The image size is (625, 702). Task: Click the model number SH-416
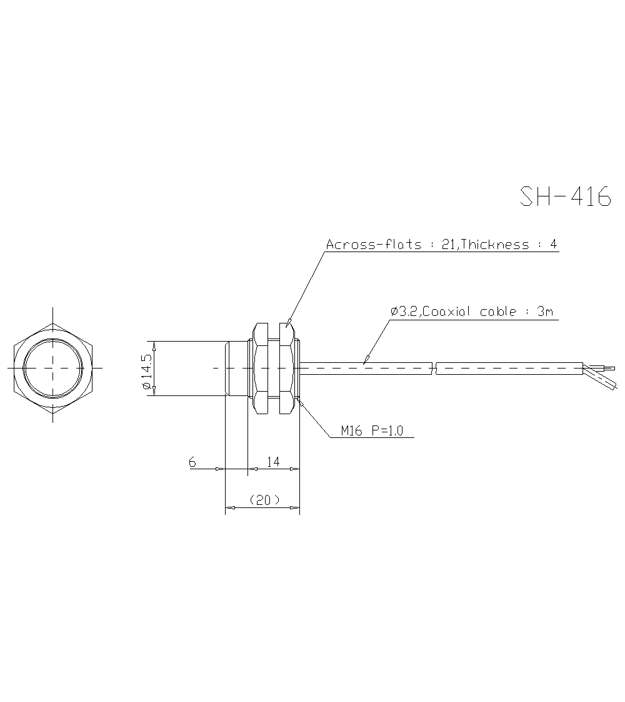(565, 196)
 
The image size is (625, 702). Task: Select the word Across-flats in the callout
(374, 244)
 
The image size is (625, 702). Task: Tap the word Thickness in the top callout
(495, 244)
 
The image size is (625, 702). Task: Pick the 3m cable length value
(545, 311)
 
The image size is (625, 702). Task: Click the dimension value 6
(192, 462)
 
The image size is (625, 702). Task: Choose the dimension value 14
(273, 462)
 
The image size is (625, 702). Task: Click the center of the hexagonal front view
(53, 368)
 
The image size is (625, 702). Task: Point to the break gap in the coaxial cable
(434, 368)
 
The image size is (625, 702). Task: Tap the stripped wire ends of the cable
(601, 374)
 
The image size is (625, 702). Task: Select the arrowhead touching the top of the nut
(288, 324)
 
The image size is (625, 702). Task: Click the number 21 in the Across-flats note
(447, 244)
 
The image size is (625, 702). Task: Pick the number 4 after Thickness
(552, 244)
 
